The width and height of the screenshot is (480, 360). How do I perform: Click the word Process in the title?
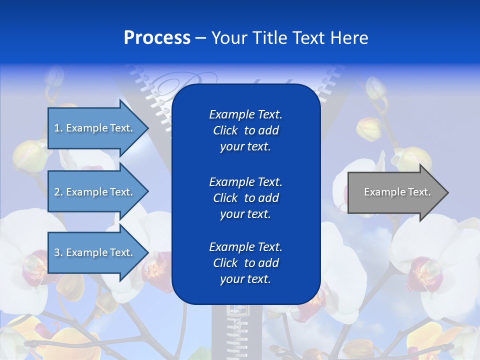pyautogui.click(x=157, y=38)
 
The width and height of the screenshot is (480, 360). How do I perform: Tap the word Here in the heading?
pyautogui.click(x=348, y=38)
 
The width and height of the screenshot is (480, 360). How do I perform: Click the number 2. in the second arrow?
pyautogui.click(x=58, y=192)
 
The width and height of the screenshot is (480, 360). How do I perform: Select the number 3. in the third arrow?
pyautogui.click(x=58, y=252)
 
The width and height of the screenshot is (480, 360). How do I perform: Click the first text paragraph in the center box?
pyautogui.click(x=245, y=130)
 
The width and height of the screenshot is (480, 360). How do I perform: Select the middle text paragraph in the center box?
pyautogui.click(x=245, y=198)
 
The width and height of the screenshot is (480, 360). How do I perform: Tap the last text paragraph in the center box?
pyautogui.click(x=245, y=263)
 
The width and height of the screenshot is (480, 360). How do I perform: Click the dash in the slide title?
pyautogui.click(x=201, y=38)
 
